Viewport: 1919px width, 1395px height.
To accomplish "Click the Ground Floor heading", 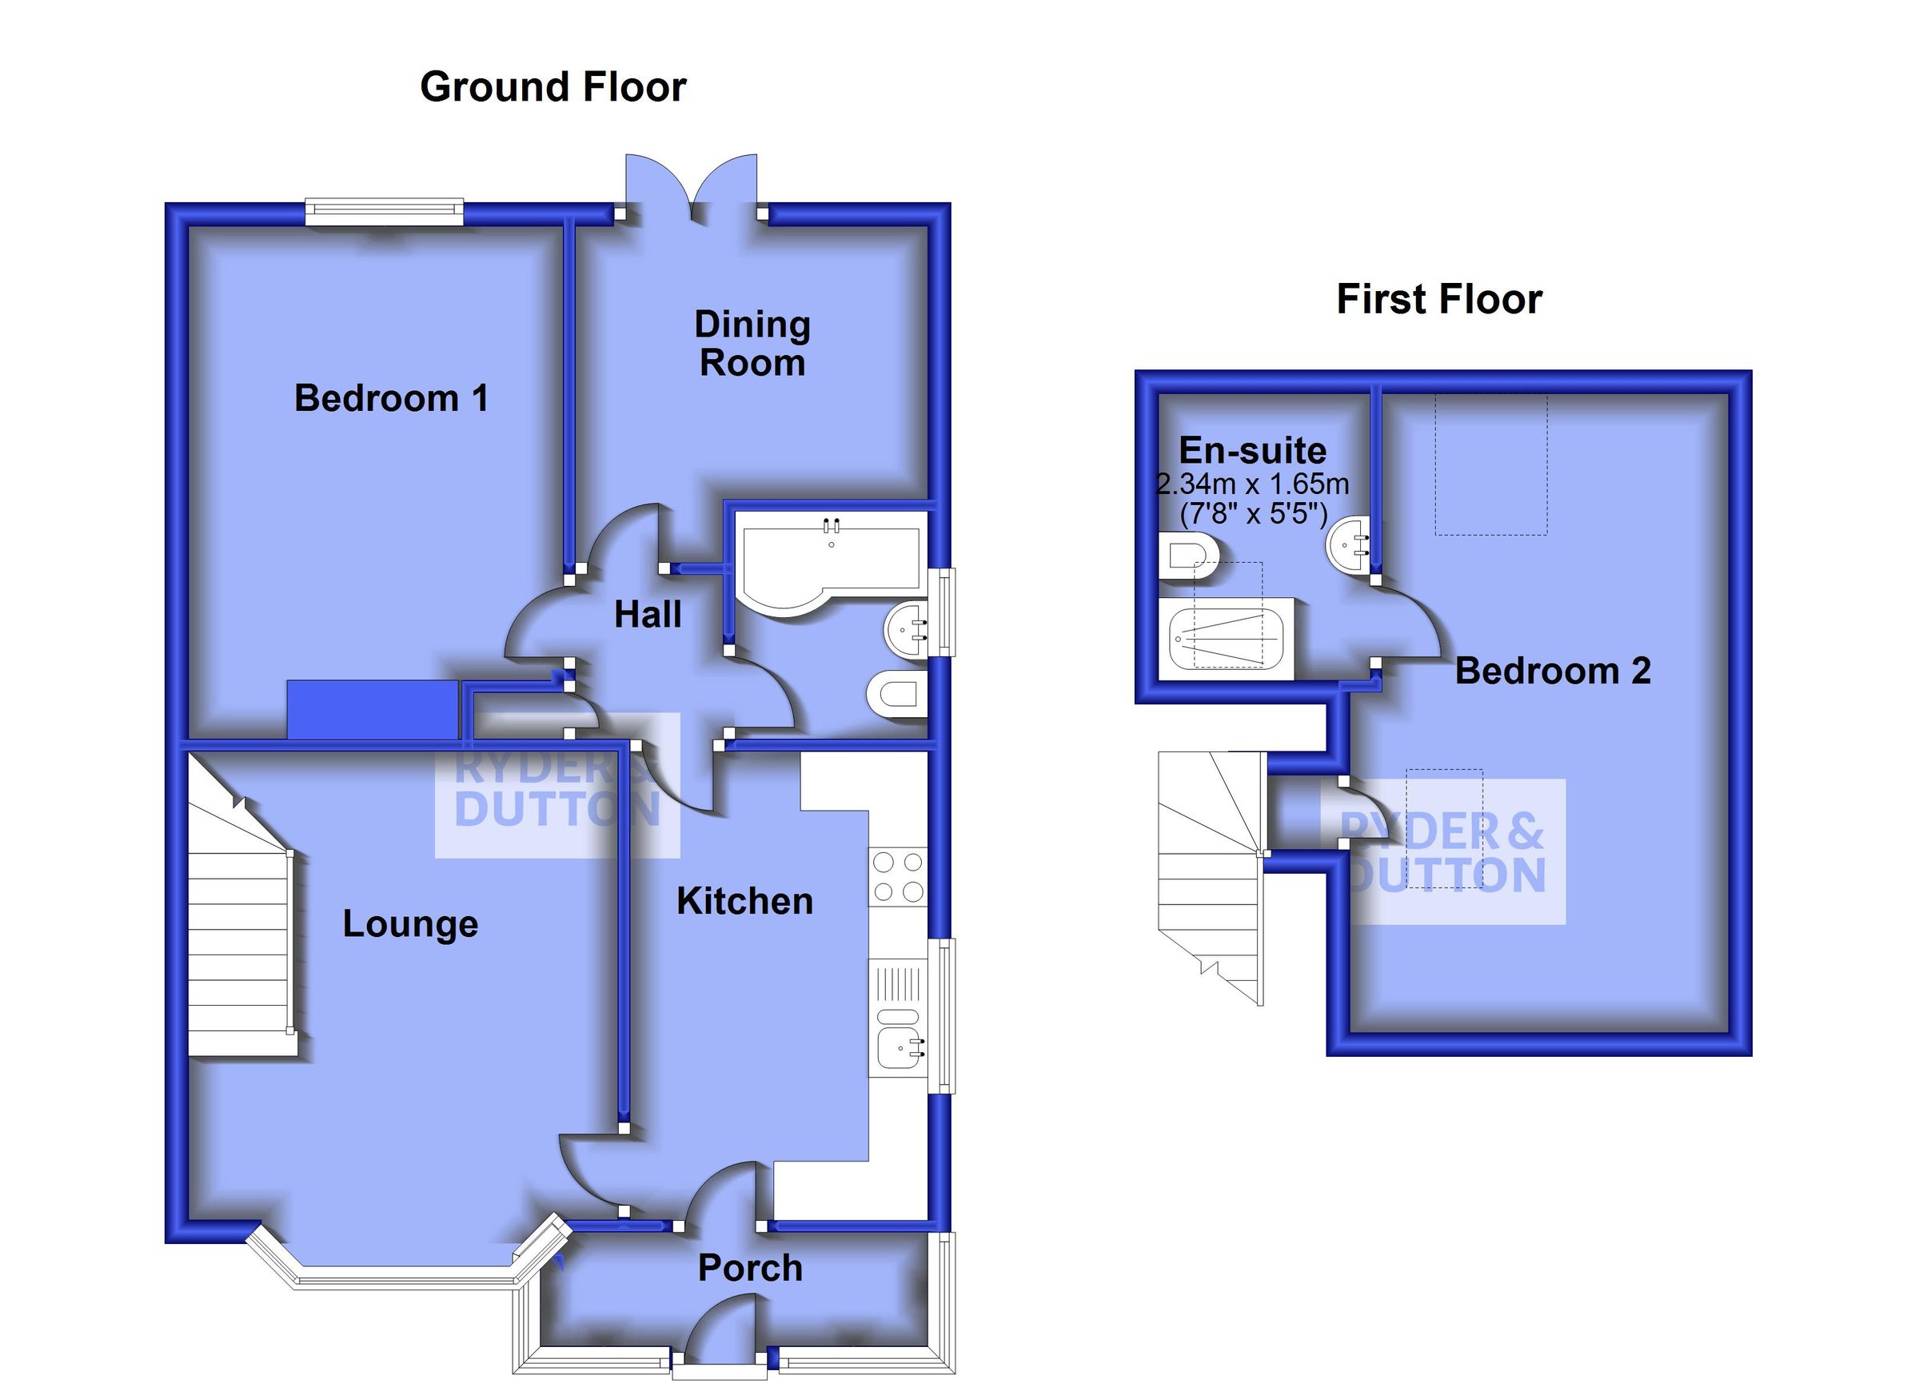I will tap(553, 87).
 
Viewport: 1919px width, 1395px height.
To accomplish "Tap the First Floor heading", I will tap(1438, 300).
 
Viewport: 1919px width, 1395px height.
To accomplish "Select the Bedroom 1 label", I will tap(391, 398).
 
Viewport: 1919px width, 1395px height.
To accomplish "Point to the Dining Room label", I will tap(752, 344).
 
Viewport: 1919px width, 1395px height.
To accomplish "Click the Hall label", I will tap(648, 615).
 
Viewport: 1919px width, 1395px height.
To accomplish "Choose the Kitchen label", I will tap(744, 902).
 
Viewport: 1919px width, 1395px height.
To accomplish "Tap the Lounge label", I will tap(410, 924).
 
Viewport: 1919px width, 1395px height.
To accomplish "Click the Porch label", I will tap(750, 1268).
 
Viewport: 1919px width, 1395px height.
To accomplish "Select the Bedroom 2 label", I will tap(1553, 671).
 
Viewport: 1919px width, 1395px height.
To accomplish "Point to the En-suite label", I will tap(1252, 451).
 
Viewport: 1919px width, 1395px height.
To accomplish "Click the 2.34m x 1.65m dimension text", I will tap(1252, 484).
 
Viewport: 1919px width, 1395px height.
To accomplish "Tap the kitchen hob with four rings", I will tap(898, 877).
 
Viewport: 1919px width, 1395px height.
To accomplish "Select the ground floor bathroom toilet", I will tap(897, 696).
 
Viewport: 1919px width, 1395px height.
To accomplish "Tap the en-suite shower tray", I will tap(1224, 640).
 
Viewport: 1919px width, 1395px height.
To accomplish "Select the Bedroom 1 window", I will tap(384, 212).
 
